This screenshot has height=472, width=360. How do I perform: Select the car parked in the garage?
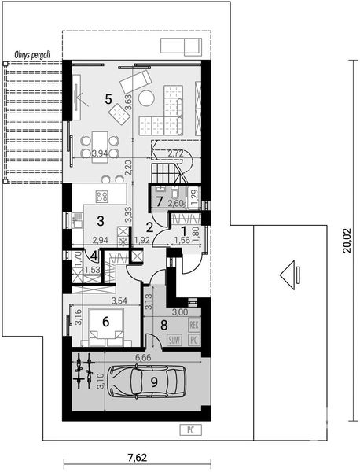[150, 384]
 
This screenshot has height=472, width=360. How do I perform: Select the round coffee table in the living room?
[147, 97]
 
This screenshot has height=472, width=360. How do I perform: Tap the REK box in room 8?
[194, 324]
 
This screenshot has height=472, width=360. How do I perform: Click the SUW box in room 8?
[174, 340]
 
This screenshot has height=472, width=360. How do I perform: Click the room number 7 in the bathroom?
[159, 202]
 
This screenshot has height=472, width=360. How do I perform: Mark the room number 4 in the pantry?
[94, 256]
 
